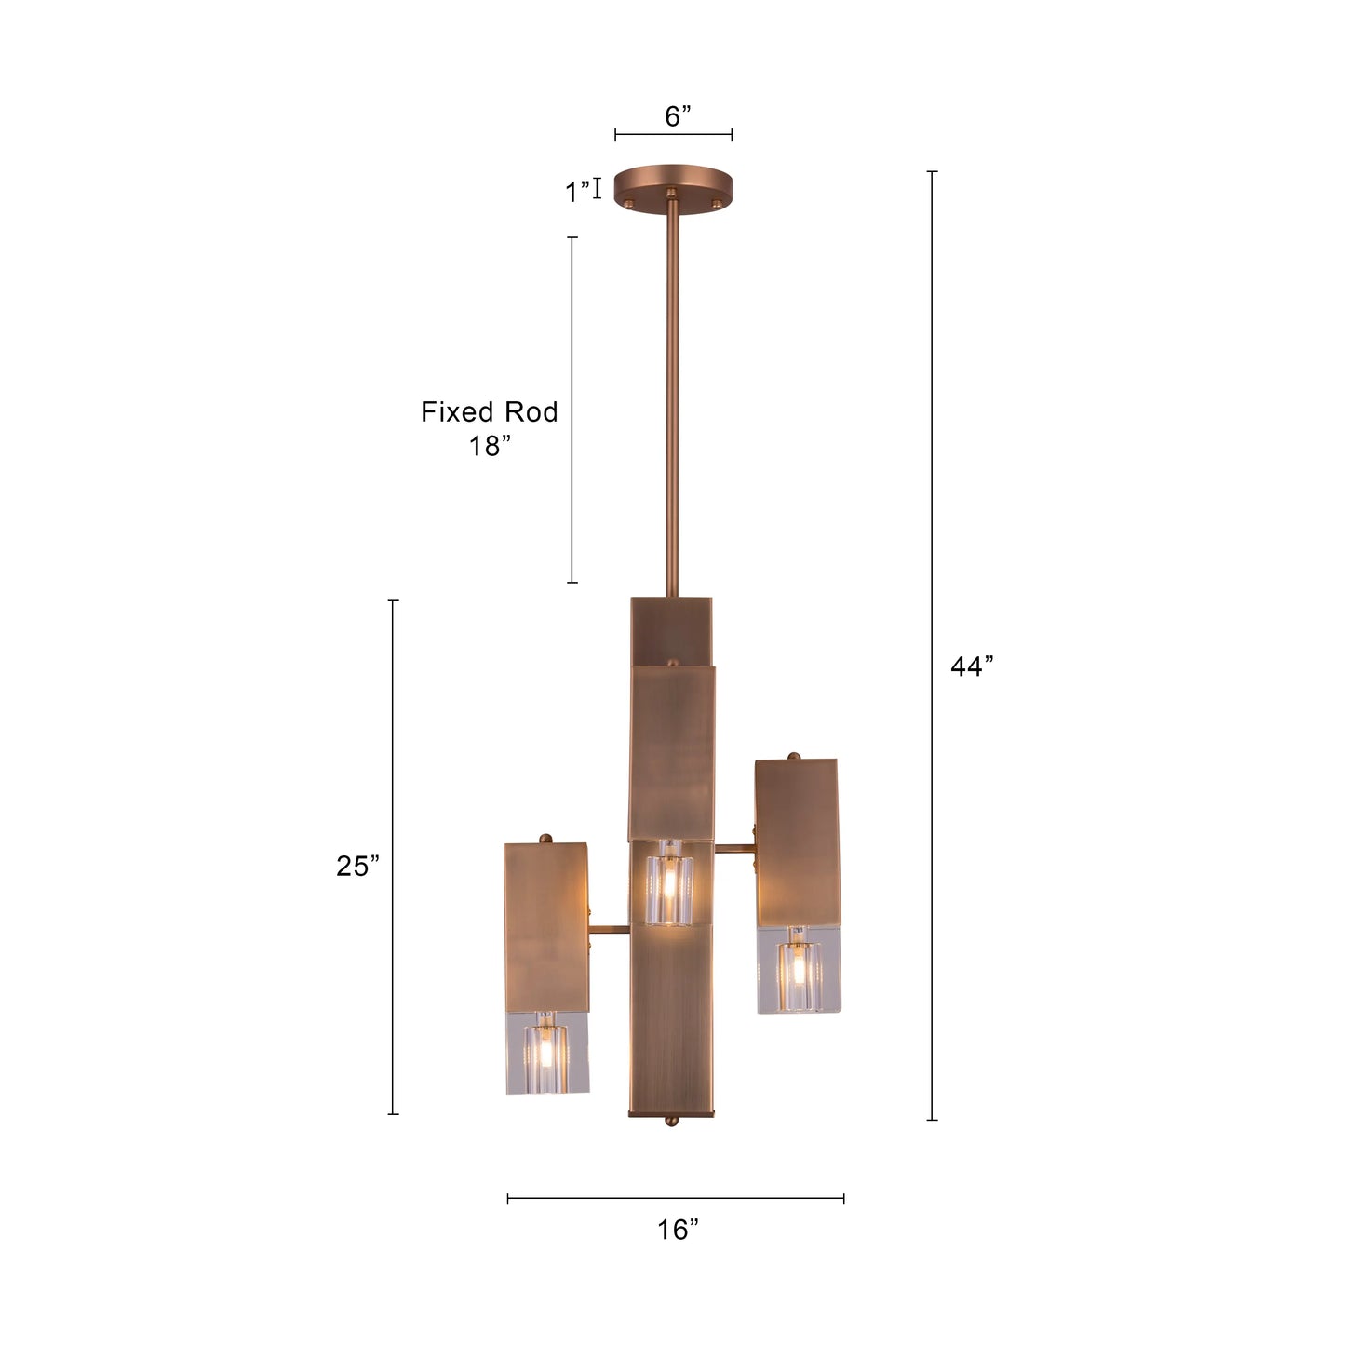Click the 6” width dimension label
pos(678,116)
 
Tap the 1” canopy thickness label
pos(576,192)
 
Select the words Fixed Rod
pos(489,412)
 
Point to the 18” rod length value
pos(490,446)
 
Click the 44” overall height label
pos(972,666)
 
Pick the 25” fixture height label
pos(358,867)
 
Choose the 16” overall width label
pos(678,1230)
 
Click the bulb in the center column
pos(669,880)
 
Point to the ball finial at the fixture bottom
pos(670,1122)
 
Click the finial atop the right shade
pos(794,756)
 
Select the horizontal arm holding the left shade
pos(610,930)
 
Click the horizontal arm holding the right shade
pos(734,848)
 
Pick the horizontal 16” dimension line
pos(676,1199)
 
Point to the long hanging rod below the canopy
pos(671,400)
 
